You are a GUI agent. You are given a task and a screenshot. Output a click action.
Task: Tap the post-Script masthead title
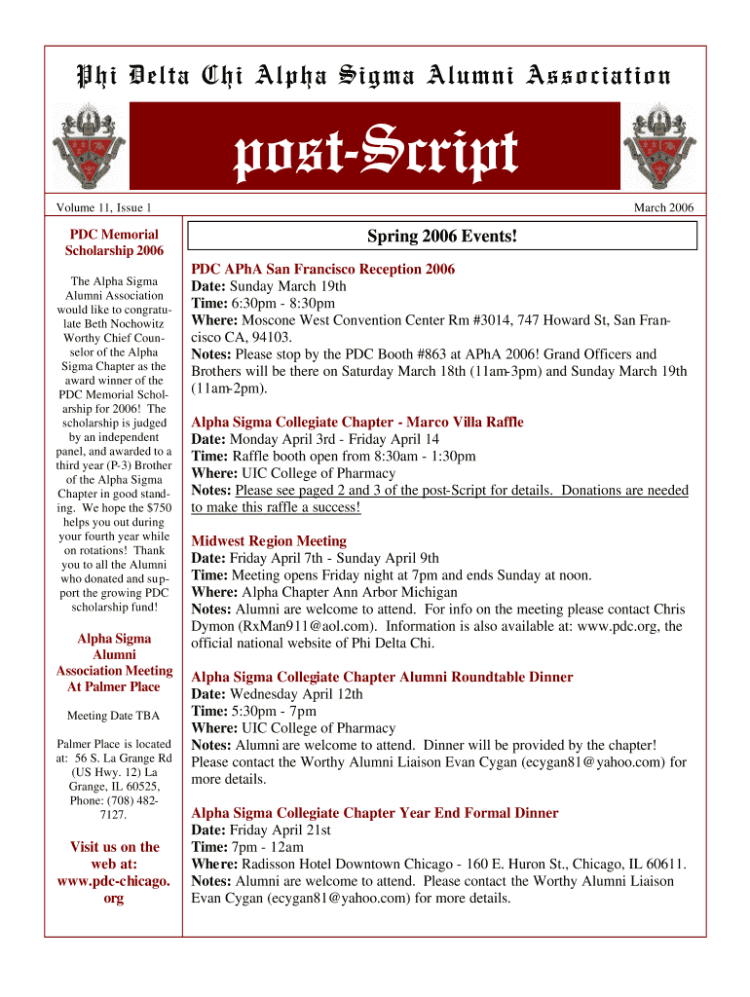point(375,154)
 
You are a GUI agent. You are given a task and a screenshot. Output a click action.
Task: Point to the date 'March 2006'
point(663,207)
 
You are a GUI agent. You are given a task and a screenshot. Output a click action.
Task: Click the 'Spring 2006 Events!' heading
point(442,237)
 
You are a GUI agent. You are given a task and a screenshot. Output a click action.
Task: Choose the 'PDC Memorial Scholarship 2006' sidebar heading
point(114,242)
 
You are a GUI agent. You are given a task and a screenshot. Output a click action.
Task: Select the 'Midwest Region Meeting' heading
point(269,540)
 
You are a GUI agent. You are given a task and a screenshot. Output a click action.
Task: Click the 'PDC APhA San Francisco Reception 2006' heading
point(322,269)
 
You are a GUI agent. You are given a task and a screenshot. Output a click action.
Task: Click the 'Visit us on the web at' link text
point(114,855)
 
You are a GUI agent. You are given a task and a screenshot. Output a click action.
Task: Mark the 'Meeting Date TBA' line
point(114,717)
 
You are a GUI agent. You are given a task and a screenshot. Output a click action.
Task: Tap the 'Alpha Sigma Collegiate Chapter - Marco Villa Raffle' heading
point(356,422)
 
